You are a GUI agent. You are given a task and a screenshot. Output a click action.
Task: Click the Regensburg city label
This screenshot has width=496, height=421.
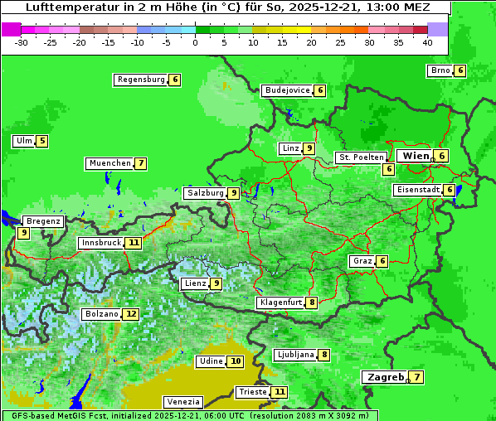[140, 80]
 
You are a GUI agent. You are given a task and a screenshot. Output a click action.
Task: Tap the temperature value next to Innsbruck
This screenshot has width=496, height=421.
[134, 243]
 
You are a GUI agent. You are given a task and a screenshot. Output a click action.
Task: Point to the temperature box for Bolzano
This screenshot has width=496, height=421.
[131, 314]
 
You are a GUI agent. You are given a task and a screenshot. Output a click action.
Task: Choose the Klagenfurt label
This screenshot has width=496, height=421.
[280, 302]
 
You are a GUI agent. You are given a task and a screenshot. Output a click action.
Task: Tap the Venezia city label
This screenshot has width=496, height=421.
[182, 402]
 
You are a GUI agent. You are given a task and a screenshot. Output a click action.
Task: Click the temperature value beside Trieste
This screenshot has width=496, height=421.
[280, 392]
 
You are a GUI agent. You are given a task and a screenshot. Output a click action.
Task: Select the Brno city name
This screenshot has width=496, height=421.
[440, 70]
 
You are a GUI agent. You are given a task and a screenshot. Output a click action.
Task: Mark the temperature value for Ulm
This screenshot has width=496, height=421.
[42, 141]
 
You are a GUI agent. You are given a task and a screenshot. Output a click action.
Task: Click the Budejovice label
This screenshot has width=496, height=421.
[287, 90]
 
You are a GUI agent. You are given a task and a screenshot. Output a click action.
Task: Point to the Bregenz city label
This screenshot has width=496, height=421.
[43, 221]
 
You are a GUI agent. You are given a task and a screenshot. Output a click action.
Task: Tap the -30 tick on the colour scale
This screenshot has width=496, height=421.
[22, 41]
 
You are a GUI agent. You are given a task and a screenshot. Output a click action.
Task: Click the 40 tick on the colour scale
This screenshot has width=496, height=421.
[427, 41]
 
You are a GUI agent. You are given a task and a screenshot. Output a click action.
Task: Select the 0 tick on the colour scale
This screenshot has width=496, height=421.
[195, 41]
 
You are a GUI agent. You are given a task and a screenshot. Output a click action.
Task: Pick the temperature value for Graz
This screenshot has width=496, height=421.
[382, 261]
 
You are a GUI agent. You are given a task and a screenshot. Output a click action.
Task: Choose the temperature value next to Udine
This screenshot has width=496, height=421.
[236, 361]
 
